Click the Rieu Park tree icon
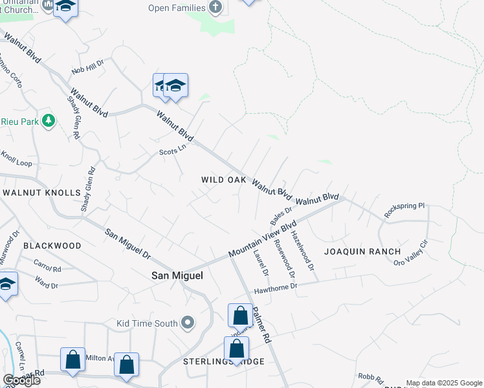pos(47,121)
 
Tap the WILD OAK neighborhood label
pos(224,180)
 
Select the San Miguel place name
pos(177,275)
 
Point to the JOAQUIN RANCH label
pos(362,251)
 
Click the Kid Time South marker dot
pos(188,322)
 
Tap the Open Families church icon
pos(216,8)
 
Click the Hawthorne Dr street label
pos(275,286)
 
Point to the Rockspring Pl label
pos(404,210)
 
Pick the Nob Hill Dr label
pos(87,67)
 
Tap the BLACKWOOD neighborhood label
pos(52,246)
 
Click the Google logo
pos(21,380)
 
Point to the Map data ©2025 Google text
pos(444,383)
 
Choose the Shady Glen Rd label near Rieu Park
pos(73,118)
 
